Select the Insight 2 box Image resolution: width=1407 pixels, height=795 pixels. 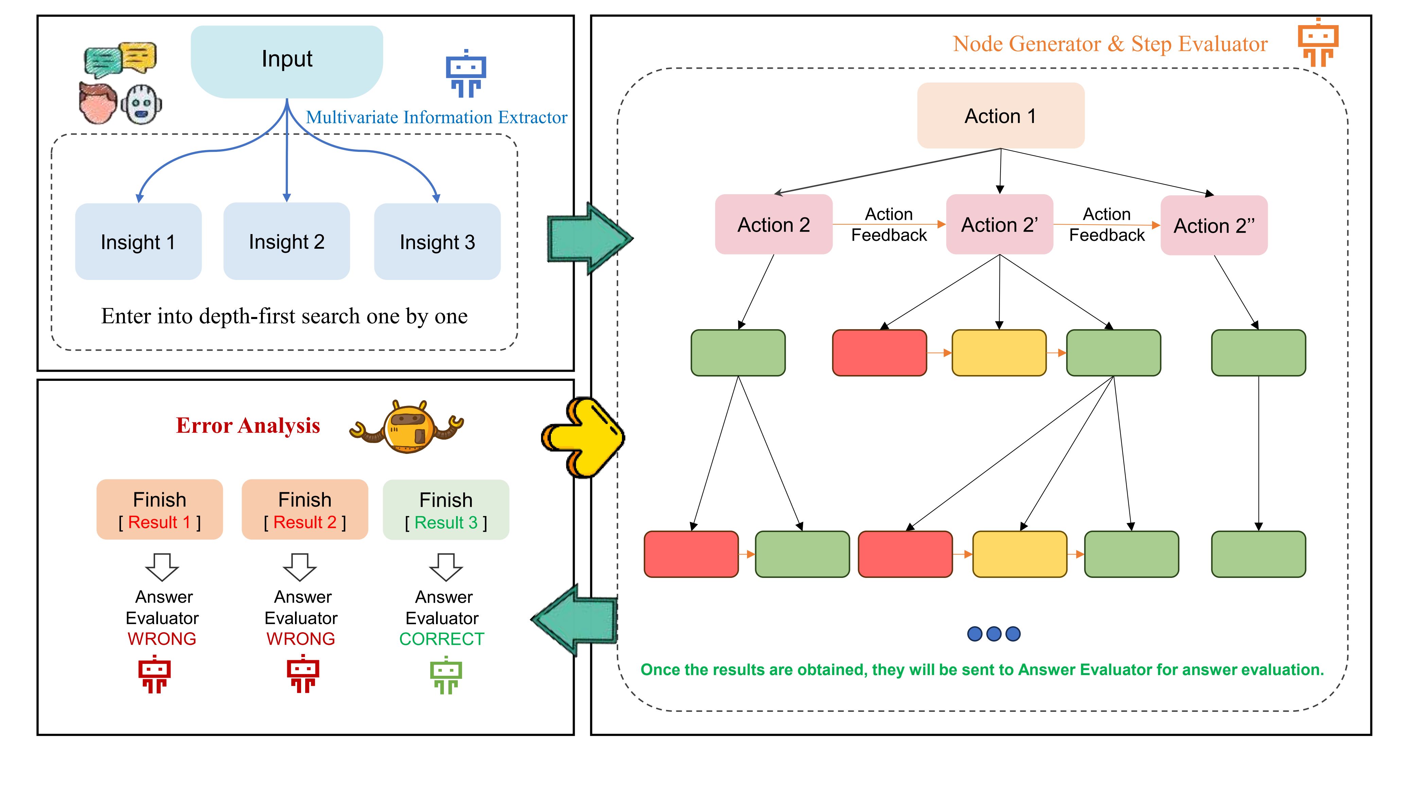pos(287,241)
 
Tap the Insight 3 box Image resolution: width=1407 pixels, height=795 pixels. pos(437,241)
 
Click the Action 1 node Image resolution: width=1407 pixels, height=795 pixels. pos(1001,116)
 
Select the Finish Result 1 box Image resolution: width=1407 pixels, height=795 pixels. pos(159,509)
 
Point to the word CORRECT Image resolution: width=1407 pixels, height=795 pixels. pos(441,639)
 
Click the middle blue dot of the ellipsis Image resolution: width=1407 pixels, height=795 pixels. pos(993,634)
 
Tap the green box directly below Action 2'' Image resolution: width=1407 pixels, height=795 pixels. pos(1258,353)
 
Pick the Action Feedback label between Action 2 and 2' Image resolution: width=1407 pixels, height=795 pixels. pos(889,225)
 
